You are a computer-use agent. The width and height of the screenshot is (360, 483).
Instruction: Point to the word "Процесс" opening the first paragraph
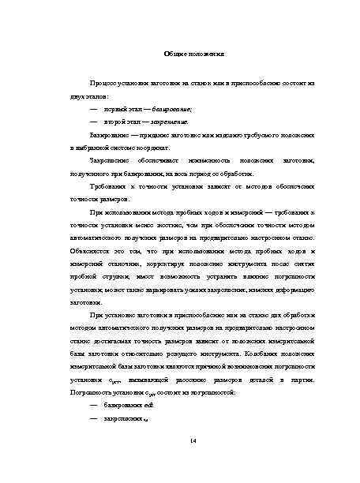[x=104, y=82]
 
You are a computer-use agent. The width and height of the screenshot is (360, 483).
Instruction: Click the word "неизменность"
[x=212, y=159]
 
